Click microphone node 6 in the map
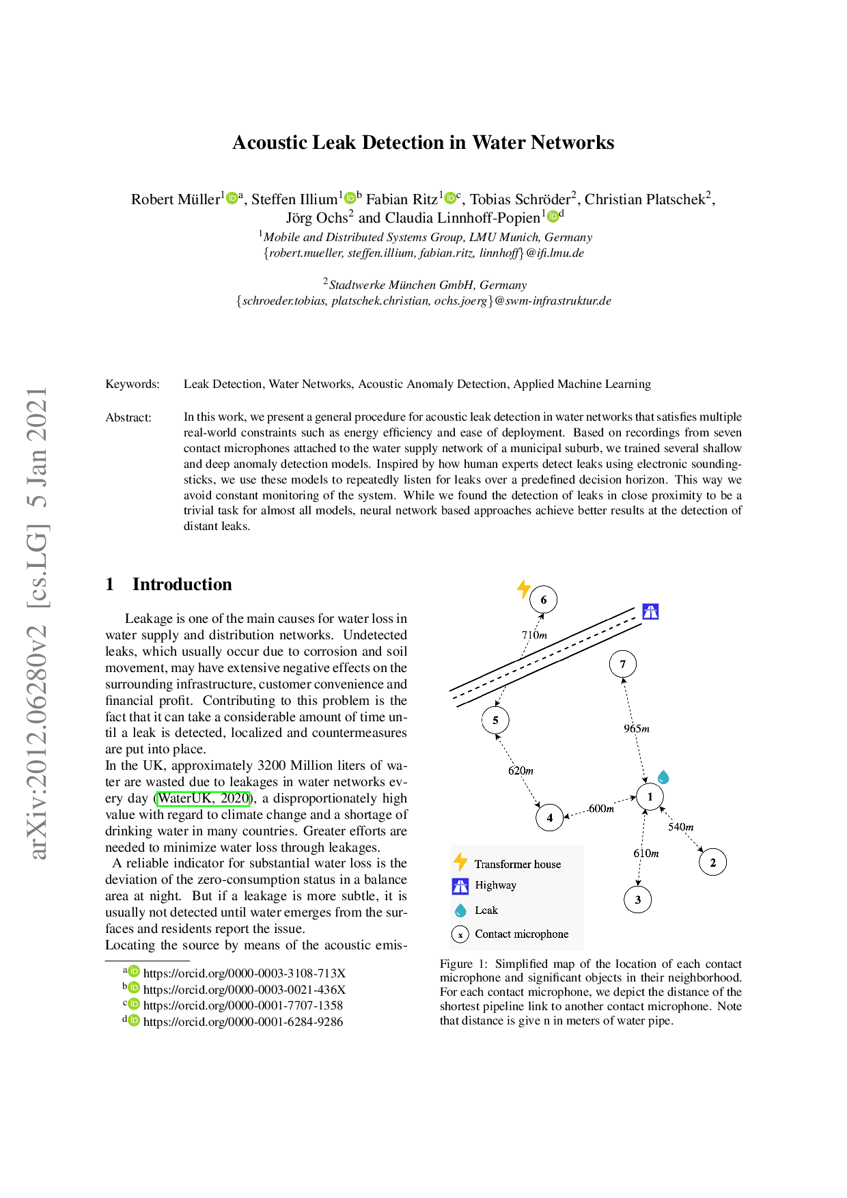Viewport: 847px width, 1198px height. pyautogui.click(x=544, y=600)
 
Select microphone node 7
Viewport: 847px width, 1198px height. pyautogui.click(x=622, y=664)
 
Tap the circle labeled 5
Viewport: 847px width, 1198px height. pyautogui.click(x=495, y=720)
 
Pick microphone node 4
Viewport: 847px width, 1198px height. pyautogui.click(x=550, y=817)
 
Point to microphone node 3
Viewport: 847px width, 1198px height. pyautogui.click(x=638, y=900)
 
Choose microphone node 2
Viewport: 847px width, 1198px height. pyautogui.click(x=712, y=862)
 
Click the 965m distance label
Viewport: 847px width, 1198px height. pyautogui.click(x=636, y=729)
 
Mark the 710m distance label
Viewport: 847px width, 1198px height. pyautogui.click(x=534, y=635)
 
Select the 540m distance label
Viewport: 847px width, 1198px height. pyautogui.click(x=680, y=826)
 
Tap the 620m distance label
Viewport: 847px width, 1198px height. pyautogui.click(x=520, y=770)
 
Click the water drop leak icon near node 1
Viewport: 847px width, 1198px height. pyautogui.click(x=663, y=777)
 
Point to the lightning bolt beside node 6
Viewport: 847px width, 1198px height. pyautogui.click(x=524, y=589)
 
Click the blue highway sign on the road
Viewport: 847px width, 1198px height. pyautogui.click(x=650, y=611)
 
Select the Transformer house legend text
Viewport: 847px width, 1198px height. pyautogui.click(x=518, y=864)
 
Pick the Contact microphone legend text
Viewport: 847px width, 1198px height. pyautogui.click(x=521, y=934)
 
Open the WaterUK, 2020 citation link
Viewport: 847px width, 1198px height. pyautogui.click(x=204, y=798)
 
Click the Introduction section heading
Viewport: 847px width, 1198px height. pyautogui.click(x=182, y=584)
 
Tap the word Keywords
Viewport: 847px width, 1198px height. pyautogui.click(x=133, y=384)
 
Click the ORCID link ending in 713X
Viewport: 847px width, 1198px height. pyautogui.click(x=244, y=973)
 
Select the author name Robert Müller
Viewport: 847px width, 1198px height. pyautogui.click(x=176, y=199)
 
